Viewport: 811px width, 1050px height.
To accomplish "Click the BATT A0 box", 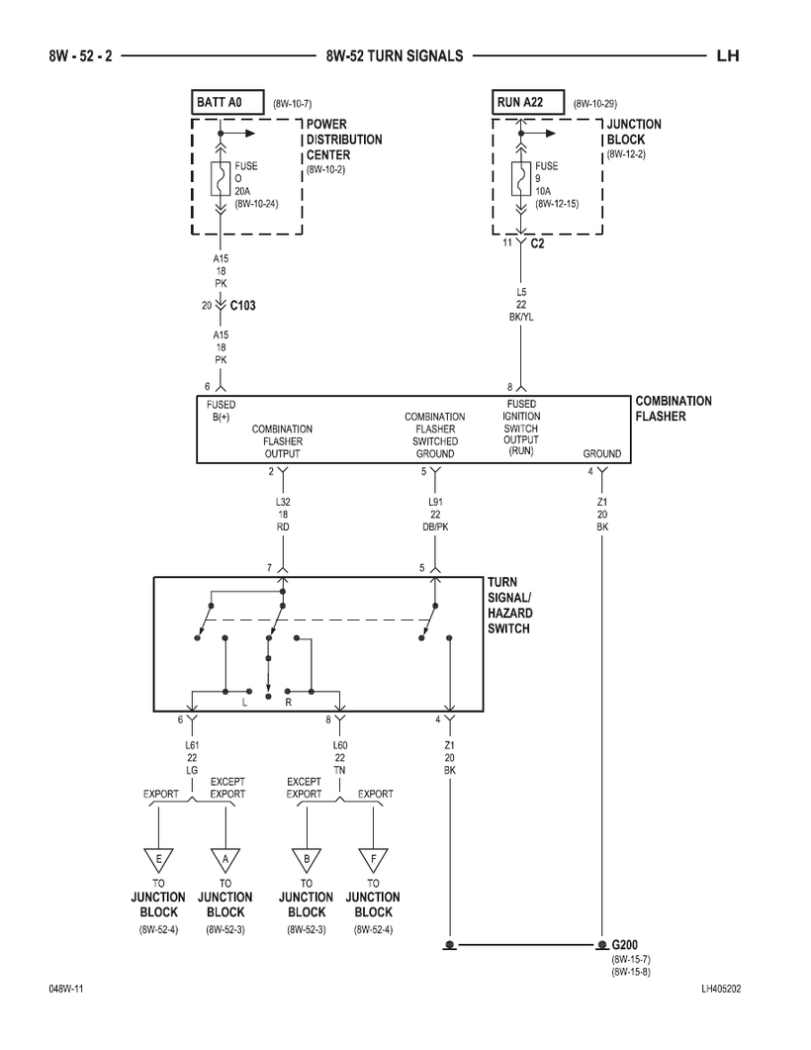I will pyautogui.click(x=226, y=102).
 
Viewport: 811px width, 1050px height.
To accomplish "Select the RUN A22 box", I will pyautogui.click(x=528, y=102).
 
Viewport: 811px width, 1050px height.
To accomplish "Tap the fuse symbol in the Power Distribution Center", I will pyautogui.click(x=220, y=178).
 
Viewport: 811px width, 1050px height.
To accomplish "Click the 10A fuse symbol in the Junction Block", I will pyautogui.click(x=520, y=178).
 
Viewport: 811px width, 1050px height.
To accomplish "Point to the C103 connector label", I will pyautogui.click(x=242, y=306).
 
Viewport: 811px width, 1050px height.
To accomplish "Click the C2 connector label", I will pyautogui.click(x=537, y=242).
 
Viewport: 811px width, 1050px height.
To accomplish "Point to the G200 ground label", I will pyautogui.click(x=625, y=945).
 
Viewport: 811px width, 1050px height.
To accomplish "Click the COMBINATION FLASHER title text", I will pyautogui.click(x=673, y=409).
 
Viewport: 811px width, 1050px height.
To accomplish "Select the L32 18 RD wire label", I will pyautogui.click(x=283, y=515).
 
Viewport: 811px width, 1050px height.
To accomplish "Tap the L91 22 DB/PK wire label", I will pyautogui.click(x=434, y=515).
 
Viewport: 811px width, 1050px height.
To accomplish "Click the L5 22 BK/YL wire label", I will pyautogui.click(x=521, y=305).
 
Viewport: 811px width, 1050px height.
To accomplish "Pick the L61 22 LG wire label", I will pyautogui.click(x=192, y=756).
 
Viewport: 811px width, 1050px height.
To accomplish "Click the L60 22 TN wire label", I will pyautogui.click(x=339, y=756).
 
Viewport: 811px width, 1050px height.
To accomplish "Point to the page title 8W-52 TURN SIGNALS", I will pyautogui.click(x=394, y=56).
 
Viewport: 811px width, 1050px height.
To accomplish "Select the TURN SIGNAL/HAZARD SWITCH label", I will pyautogui.click(x=509, y=606).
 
